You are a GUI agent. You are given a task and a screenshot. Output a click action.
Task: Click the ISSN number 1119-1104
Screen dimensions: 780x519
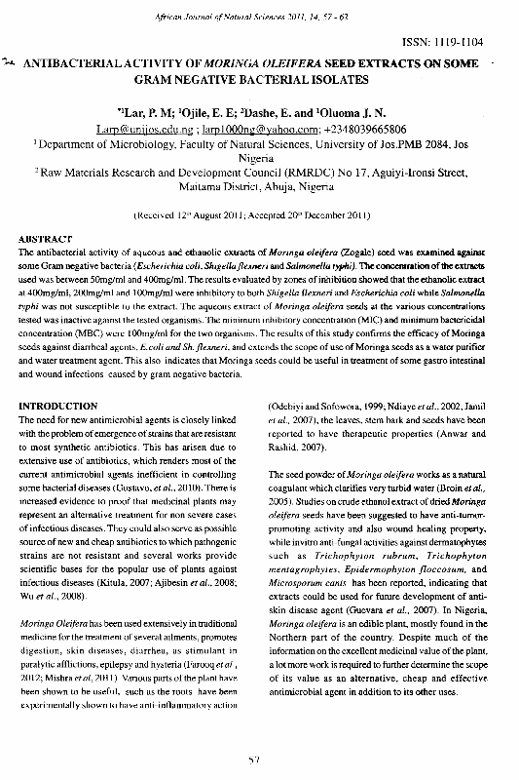click(x=475, y=44)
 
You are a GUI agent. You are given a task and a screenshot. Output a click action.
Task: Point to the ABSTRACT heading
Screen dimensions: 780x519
click(x=46, y=238)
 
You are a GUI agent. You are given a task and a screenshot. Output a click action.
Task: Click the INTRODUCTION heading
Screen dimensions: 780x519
click(x=58, y=405)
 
